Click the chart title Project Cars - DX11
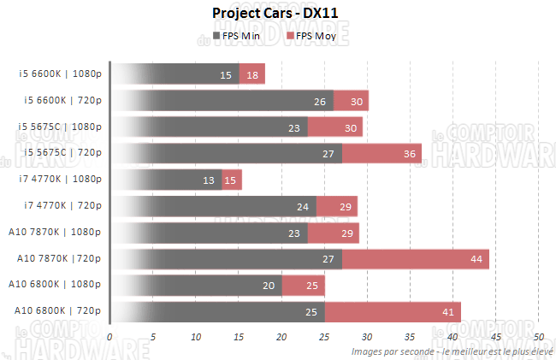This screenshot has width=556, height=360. click(x=280, y=14)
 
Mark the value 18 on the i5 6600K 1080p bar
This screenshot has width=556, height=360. click(x=252, y=75)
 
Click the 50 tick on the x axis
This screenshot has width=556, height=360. click(x=539, y=337)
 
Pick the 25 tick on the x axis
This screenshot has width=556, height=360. click(x=324, y=337)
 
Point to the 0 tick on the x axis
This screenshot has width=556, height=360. click(x=110, y=337)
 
